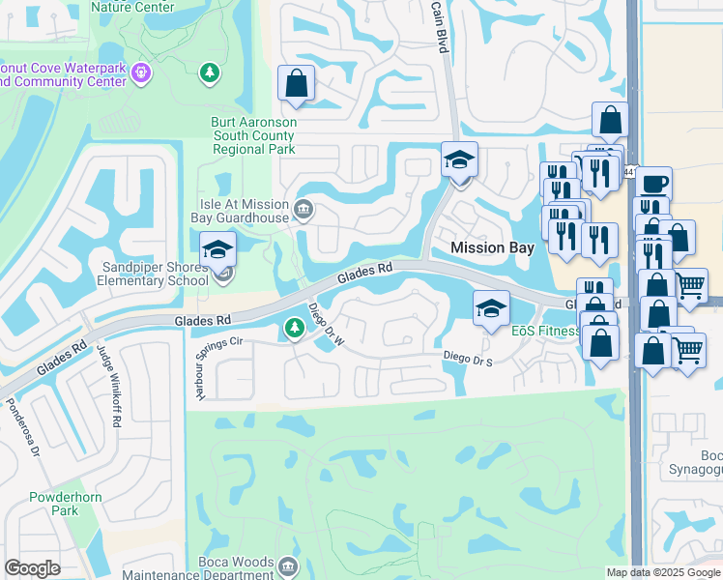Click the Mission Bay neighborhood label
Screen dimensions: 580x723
493,248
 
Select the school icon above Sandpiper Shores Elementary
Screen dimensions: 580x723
218,250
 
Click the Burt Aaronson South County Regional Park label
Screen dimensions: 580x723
254,136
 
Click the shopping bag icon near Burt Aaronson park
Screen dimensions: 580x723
296,84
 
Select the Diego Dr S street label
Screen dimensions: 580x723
468,358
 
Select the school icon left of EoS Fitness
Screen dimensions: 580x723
491,309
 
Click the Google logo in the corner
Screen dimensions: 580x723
32,568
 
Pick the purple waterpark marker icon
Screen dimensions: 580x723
142,72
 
